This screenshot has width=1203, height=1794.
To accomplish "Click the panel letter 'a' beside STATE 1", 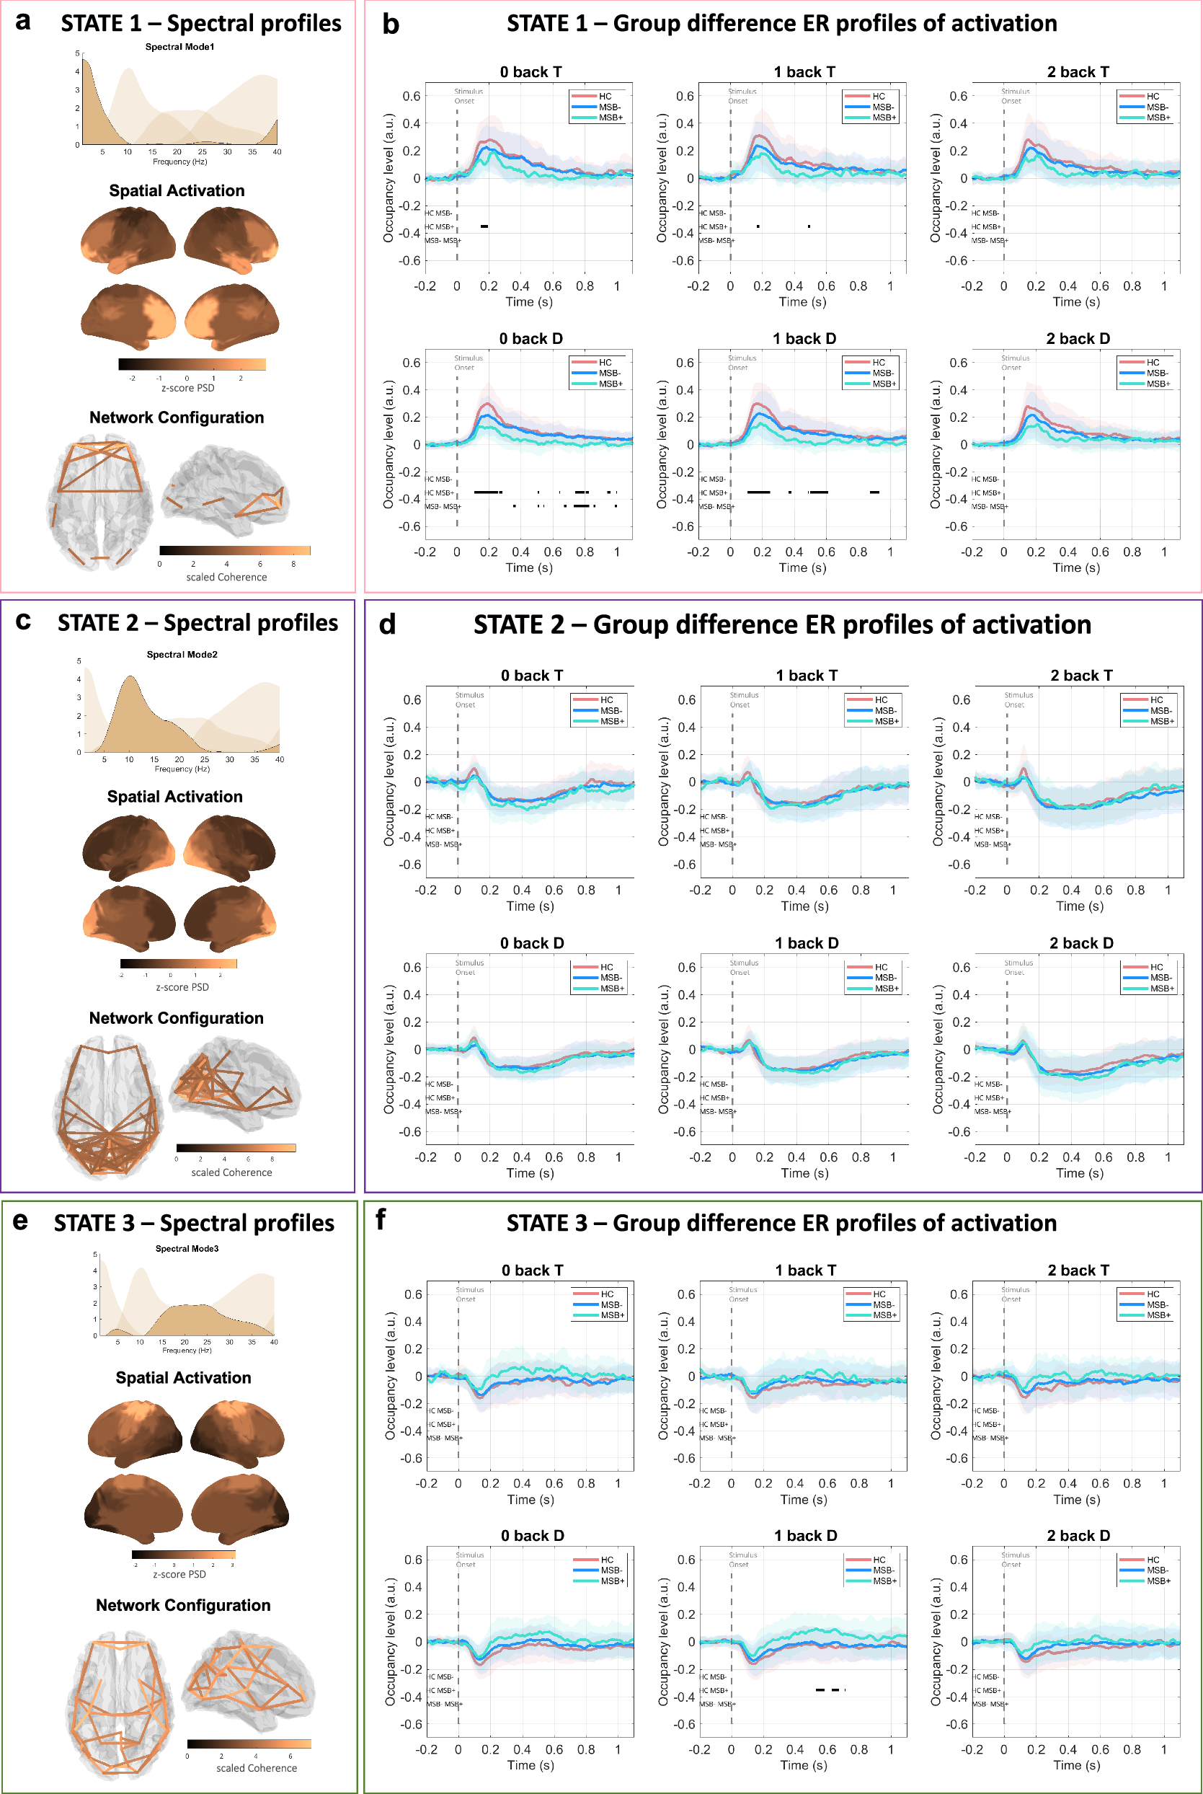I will coord(23,22).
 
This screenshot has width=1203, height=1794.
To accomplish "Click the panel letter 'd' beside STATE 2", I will coord(388,624).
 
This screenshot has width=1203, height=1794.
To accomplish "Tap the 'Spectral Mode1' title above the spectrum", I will coord(179,47).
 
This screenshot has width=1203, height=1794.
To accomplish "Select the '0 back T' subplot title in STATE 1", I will coord(531,72).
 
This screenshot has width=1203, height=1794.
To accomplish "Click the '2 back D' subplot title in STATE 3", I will coord(1078,1534).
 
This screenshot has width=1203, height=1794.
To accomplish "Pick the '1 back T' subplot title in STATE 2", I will coord(806,675).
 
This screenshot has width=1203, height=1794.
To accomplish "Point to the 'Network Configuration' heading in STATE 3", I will coord(182,1604).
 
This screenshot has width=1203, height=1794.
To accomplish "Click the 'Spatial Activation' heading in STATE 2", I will coord(174,797).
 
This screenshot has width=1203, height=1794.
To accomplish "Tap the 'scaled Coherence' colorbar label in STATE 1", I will coord(226,577).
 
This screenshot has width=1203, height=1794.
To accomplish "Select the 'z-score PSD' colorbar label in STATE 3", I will coord(179,1574).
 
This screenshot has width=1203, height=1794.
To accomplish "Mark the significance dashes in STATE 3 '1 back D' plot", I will coord(829,1689).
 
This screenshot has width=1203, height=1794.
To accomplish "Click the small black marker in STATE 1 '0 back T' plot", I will coord(484,226).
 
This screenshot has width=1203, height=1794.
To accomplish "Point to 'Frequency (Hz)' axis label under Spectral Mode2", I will coord(182,769).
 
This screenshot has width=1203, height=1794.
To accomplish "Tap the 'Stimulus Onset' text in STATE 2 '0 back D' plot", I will coord(469,967).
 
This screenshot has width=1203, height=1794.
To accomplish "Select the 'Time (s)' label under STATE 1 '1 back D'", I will coord(802,567).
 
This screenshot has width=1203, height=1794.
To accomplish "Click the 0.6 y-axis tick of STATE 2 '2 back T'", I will coord(961,700).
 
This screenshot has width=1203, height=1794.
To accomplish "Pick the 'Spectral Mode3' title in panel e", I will coord(187,1248).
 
